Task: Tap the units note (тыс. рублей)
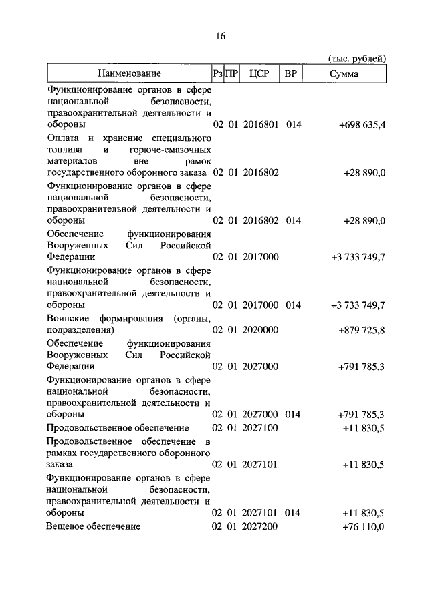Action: coord(357,59)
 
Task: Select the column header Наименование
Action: coord(129,73)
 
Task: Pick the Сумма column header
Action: coord(344,73)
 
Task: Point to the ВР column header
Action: coord(291,73)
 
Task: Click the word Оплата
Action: coord(64,138)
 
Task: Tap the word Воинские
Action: coord(68,318)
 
